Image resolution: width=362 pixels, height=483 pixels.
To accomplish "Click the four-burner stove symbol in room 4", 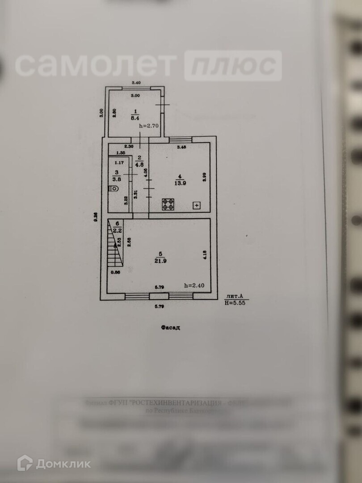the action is pyautogui.click(x=168, y=204).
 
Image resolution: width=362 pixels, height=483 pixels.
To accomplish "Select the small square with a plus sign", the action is pyautogui.click(x=196, y=205).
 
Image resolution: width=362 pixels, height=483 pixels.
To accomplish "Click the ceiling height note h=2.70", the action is pyautogui.click(x=149, y=126).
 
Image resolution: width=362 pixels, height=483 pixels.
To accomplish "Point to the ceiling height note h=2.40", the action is pyautogui.click(x=194, y=285).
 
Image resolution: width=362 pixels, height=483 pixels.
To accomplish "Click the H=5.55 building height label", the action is pyautogui.click(x=235, y=303).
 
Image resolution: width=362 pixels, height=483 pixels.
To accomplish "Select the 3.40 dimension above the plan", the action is pyautogui.click(x=135, y=83).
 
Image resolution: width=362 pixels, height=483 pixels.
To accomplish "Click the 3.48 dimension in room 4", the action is pyautogui.click(x=182, y=147).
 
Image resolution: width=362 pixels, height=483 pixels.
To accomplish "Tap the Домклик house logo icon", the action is pyautogui.click(x=25, y=463).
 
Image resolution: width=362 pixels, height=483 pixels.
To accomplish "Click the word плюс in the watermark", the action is pyautogui.click(x=233, y=66).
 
